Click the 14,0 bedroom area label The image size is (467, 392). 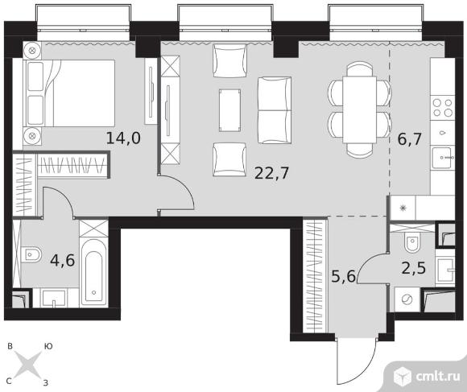123,138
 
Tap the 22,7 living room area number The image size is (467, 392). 271,173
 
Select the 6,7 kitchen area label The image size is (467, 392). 410,139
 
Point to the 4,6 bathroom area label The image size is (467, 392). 63,261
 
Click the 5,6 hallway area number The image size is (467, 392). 343,276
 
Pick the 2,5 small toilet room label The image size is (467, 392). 414,268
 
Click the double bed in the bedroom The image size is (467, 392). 69,93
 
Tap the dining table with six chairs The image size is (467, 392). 359,109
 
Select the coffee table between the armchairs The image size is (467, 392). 229,110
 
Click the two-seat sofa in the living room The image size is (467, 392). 275,110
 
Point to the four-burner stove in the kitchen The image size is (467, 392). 443,108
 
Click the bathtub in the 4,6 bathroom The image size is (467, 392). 94,273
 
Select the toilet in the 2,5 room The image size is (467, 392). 412,241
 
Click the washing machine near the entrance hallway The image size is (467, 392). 407,299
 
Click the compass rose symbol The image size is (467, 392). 28,364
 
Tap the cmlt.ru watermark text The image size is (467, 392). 438,377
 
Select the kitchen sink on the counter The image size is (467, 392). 443,158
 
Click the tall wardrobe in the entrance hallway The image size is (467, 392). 315,276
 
